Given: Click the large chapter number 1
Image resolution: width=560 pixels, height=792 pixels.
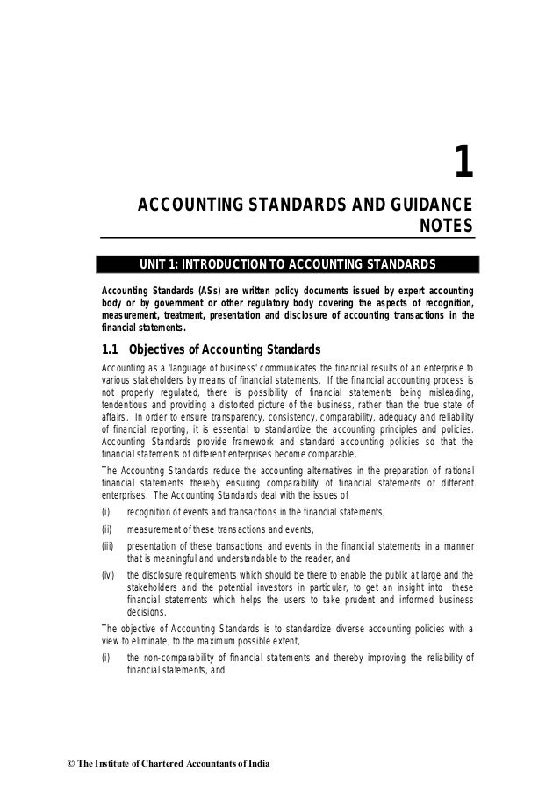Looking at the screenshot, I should pyautogui.click(x=463, y=162).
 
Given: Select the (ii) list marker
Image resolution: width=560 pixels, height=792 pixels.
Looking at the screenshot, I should pyautogui.click(x=109, y=529).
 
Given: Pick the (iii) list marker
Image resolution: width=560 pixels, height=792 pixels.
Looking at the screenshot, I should pyautogui.click(x=110, y=547).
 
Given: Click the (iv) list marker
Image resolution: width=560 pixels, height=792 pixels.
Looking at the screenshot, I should pyautogui.click(x=110, y=576).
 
